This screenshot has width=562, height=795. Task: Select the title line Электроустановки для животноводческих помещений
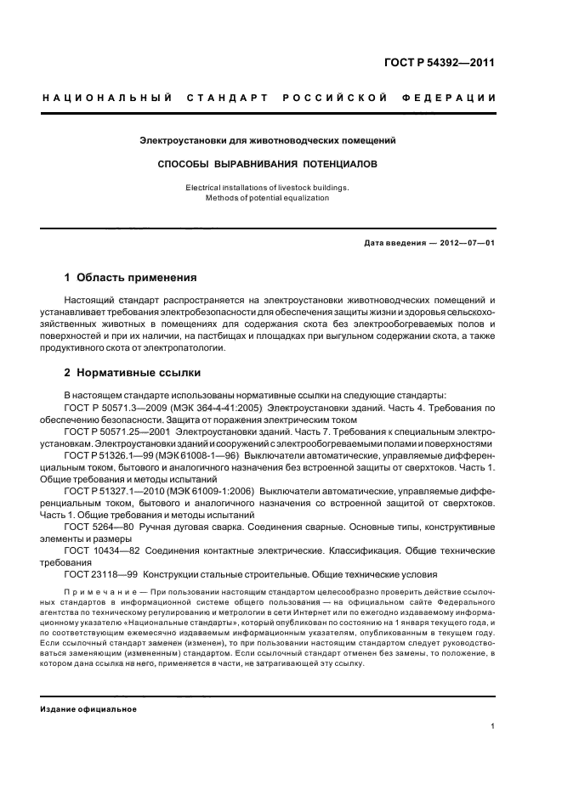click(x=268, y=139)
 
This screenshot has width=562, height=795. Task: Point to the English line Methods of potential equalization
click(x=268, y=198)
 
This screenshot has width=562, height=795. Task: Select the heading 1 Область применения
click(x=131, y=278)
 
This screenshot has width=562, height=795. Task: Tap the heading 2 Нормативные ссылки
click(x=134, y=373)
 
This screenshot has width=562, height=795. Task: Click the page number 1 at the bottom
click(x=493, y=726)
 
